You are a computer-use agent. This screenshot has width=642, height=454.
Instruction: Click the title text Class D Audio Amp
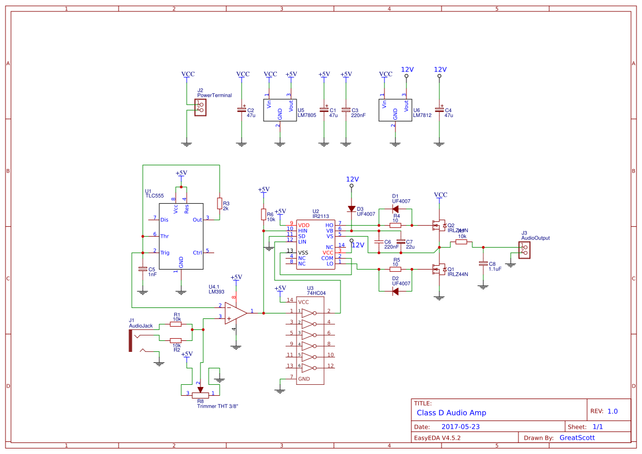pyautogui.click(x=451, y=413)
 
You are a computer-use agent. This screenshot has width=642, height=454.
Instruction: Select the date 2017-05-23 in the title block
pyautogui.click(x=460, y=427)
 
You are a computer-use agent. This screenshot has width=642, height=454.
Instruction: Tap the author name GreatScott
pyautogui.click(x=577, y=438)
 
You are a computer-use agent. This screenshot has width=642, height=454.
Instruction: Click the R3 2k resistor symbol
pyautogui.click(x=219, y=203)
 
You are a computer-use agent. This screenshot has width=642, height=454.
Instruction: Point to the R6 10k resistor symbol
pyautogui.click(x=264, y=214)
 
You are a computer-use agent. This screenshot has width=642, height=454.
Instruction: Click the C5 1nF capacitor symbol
pyautogui.click(x=142, y=270)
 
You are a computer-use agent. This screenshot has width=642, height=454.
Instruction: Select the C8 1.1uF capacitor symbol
pyautogui.click(x=483, y=264)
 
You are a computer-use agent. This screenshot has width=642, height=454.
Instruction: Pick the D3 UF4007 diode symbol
pyautogui.click(x=351, y=209)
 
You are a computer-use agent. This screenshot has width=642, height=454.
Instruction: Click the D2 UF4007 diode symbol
pyautogui.click(x=395, y=291)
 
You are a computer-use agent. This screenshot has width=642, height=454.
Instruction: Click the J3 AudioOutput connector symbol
pyautogui.click(x=525, y=250)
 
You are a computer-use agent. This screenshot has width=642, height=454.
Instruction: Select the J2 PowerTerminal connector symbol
pyautogui.click(x=202, y=107)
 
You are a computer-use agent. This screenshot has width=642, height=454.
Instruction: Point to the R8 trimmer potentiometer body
pyautogui.click(x=200, y=394)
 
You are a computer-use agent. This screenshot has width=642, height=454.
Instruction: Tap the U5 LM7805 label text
pyautogui.click(x=306, y=115)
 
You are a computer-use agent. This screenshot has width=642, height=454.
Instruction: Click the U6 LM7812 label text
pyautogui.click(x=422, y=115)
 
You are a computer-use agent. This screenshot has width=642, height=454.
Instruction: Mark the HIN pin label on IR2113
pyautogui.click(x=303, y=231)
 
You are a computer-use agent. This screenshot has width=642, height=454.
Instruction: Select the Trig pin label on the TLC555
pyautogui.click(x=164, y=253)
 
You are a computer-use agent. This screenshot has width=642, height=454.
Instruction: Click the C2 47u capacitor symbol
pyautogui.click(x=241, y=110)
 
